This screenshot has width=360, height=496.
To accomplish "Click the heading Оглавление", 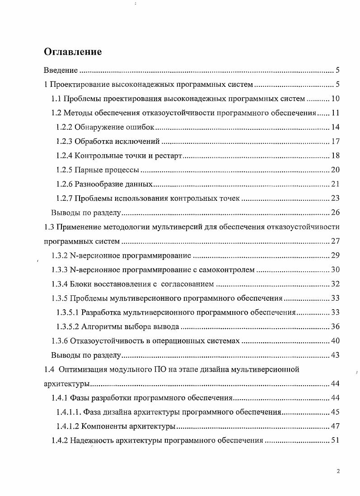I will (73, 52).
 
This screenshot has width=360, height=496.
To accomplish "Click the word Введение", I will (61, 71).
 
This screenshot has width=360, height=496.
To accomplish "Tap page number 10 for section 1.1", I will (335, 99).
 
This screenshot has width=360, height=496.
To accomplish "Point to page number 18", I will (335, 156).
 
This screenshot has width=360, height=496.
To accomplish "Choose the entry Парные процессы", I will (107, 170).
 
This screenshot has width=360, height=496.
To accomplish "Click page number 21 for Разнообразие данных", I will (335, 184).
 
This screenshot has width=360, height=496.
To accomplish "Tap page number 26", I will (335, 213).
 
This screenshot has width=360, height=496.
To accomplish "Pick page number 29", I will (335, 255).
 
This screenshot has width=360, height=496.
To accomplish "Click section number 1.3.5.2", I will (68, 326).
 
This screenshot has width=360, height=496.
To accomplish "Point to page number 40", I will (335, 341).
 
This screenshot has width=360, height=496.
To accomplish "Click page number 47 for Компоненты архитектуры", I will (335, 426).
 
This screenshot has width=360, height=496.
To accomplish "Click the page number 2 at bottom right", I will (338, 471).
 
